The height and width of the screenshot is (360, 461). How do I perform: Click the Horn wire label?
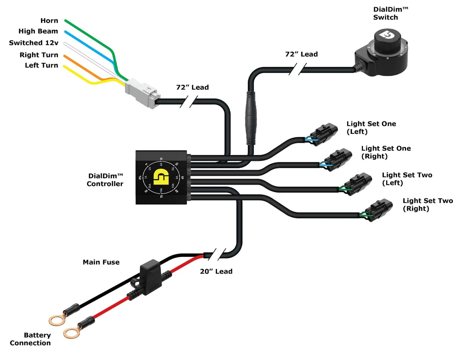tap(49, 21)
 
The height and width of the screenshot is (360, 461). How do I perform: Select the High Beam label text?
tap(38, 31)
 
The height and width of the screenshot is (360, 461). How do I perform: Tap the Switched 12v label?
tap(33, 43)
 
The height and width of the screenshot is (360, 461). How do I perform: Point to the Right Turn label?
tap(39, 55)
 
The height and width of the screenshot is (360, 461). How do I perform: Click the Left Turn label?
tap(41, 66)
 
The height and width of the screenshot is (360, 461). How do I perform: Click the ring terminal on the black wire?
tap(57, 319)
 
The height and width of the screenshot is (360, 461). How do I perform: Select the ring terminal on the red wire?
tap(71, 332)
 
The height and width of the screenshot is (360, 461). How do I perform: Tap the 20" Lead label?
tap(216, 271)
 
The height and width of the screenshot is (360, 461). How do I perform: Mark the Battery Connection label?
tap(30, 339)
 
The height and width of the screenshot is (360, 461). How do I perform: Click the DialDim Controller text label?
tap(105, 180)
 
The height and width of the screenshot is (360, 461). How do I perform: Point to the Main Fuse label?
tap(101, 262)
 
